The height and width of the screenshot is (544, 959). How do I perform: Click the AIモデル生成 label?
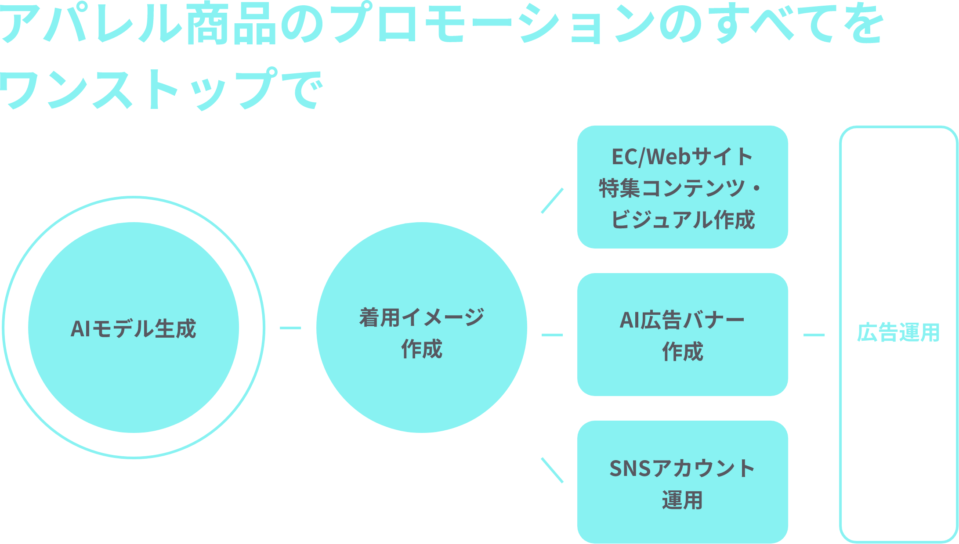[x=133, y=328]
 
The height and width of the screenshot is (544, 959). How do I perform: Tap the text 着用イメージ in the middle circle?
[x=421, y=317]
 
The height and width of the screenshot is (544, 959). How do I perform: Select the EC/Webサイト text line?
[x=682, y=157]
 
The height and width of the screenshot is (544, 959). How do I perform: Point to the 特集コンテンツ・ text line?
[x=682, y=188]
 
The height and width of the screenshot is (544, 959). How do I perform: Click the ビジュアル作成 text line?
[x=682, y=220]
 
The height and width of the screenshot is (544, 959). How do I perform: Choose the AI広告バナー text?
[x=682, y=320]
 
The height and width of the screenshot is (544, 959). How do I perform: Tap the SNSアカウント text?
[x=682, y=468]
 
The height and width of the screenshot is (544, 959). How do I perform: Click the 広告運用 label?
[x=898, y=332]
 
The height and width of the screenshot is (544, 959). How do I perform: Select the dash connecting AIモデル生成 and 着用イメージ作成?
[x=290, y=328]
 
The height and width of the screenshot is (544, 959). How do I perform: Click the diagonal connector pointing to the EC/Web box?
[x=552, y=201]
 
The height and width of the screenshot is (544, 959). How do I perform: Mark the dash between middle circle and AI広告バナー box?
[x=552, y=335]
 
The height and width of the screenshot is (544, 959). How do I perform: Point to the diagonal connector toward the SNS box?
[x=552, y=470]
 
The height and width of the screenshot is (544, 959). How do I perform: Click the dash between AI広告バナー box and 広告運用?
[x=814, y=335]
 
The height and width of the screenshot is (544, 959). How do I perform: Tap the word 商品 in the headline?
[x=232, y=25]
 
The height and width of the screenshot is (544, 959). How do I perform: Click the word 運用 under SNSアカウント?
[x=682, y=500]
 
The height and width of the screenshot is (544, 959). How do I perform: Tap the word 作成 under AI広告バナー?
[x=682, y=352]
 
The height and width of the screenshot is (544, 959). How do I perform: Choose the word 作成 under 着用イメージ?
[x=421, y=349]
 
